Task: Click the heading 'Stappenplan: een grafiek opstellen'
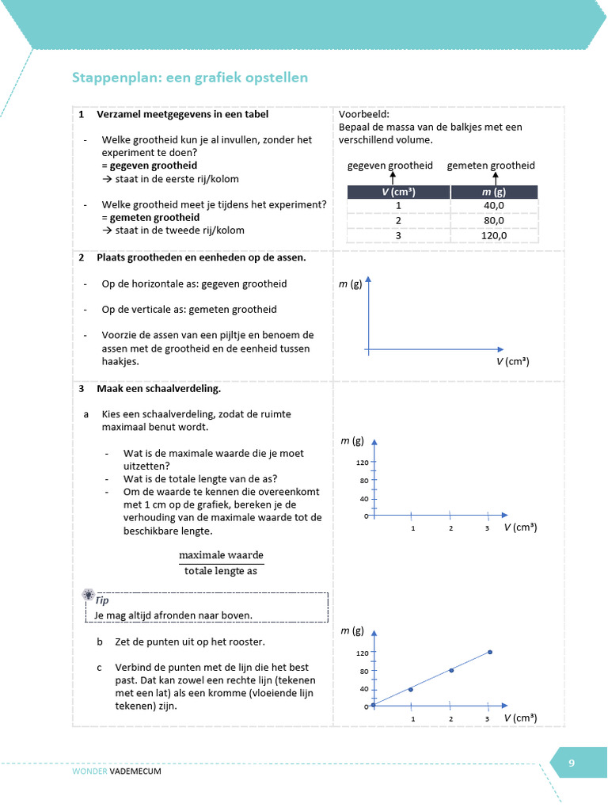pyautogui.click(x=190, y=78)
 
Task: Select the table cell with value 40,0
pyautogui.click(x=495, y=206)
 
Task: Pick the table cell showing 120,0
pyautogui.click(x=495, y=235)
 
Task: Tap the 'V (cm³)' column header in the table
pyautogui.click(x=398, y=192)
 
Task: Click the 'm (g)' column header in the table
pyautogui.click(x=495, y=192)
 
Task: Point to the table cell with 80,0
pyautogui.click(x=495, y=220)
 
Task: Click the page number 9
pyautogui.click(x=572, y=763)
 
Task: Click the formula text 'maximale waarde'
pyautogui.click(x=221, y=554)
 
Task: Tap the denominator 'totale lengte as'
pyautogui.click(x=221, y=570)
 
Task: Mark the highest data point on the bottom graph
pyautogui.click(x=490, y=652)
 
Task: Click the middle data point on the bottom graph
pyautogui.click(x=451, y=670)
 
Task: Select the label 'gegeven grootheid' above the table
pyautogui.click(x=390, y=166)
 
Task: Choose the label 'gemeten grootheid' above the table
pyautogui.click(x=491, y=166)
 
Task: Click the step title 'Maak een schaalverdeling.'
pyautogui.click(x=158, y=389)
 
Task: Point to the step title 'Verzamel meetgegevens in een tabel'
pyautogui.click(x=182, y=114)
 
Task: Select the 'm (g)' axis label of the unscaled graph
pyautogui.click(x=351, y=283)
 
